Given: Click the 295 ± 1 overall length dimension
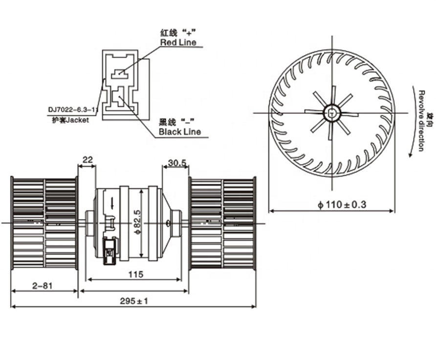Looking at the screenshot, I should [133, 301].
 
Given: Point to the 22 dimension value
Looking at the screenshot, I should [88, 160].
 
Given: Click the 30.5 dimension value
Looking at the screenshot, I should [177, 162].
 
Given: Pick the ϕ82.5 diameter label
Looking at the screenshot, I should [137, 222].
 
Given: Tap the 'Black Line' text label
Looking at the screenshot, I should [179, 132].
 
